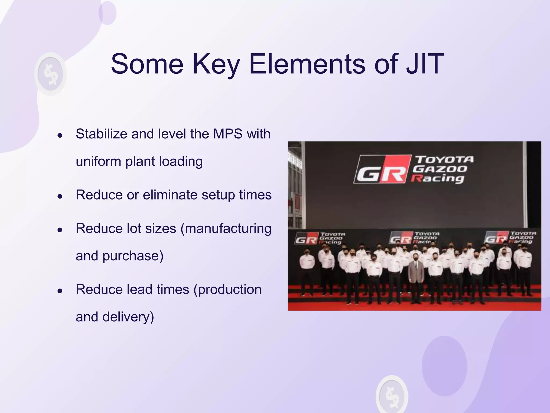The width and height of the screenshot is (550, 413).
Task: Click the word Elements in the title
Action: pos(307,64)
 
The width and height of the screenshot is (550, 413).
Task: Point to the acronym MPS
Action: pos(228,134)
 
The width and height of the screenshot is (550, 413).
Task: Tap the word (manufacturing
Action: pos(226,229)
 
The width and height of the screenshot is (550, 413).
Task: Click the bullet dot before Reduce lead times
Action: pos(60,291)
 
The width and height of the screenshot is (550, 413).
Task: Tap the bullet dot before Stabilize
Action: pos(60,135)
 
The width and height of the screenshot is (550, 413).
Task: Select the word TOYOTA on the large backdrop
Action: pos(444,159)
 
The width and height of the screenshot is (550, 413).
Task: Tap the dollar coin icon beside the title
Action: pos(50,74)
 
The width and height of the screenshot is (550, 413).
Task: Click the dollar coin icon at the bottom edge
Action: pos(392,395)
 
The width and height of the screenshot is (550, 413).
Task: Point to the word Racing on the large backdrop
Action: pos(438,178)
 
